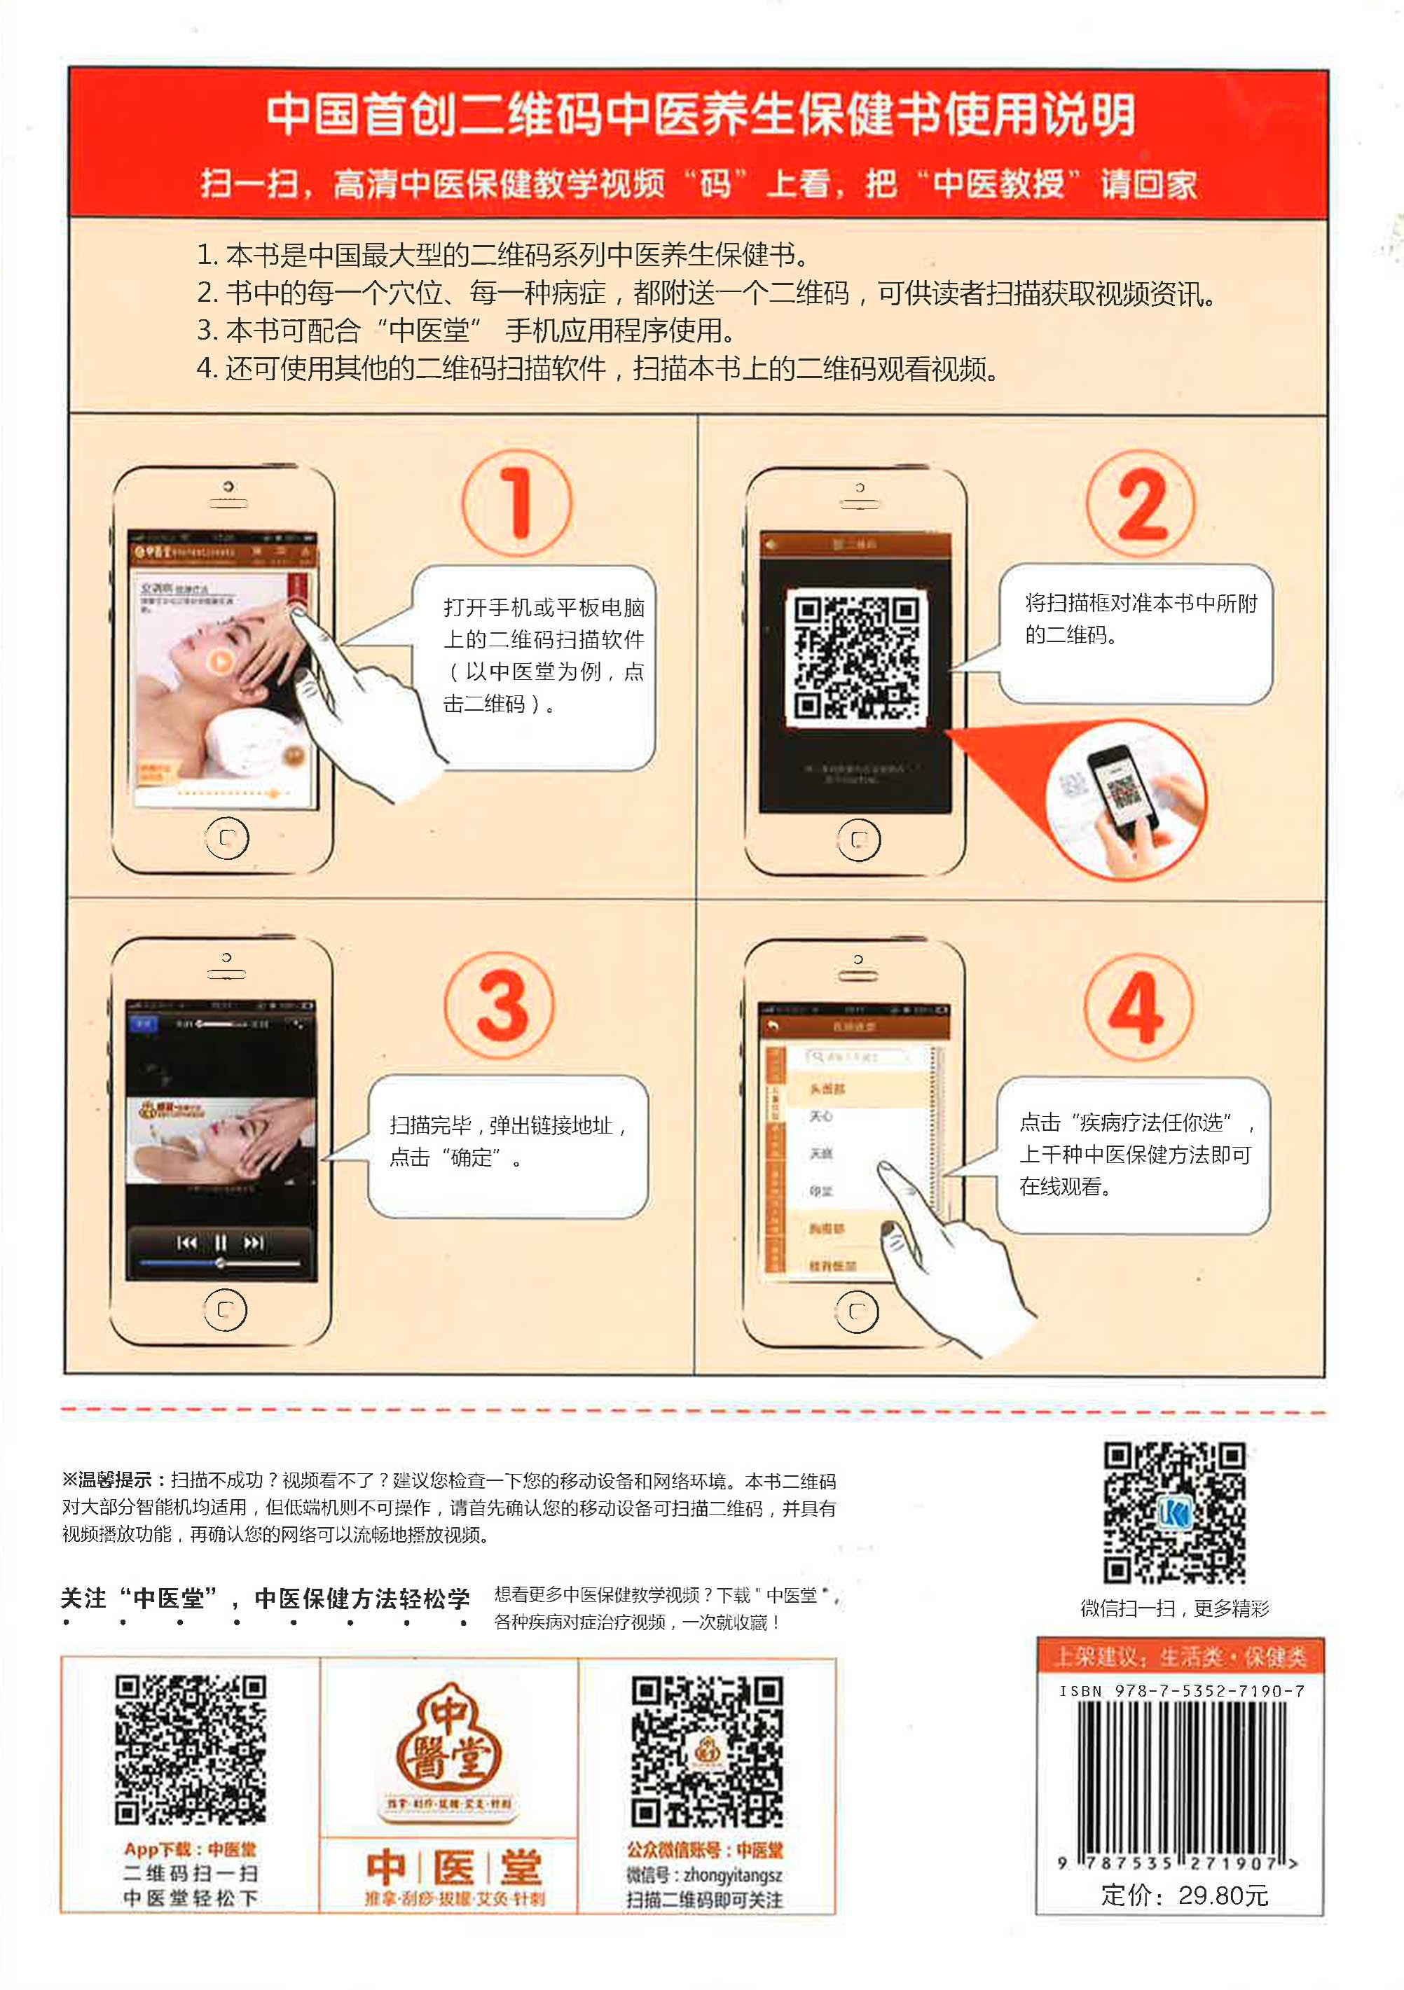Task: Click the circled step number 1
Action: [x=517, y=503]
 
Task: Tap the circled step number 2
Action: [x=1141, y=503]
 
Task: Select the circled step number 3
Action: [x=500, y=1006]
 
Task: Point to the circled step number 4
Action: [x=1138, y=1006]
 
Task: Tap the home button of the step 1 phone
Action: [x=227, y=838]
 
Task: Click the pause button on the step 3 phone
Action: [x=220, y=1243]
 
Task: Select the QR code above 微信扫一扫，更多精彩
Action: [x=1174, y=1512]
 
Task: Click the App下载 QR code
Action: [x=191, y=1750]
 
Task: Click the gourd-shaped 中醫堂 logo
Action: [x=448, y=1742]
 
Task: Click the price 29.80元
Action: [x=1223, y=1895]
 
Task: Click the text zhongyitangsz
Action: [x=733, y=1876]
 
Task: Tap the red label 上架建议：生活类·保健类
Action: [x=1179, y=1657]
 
